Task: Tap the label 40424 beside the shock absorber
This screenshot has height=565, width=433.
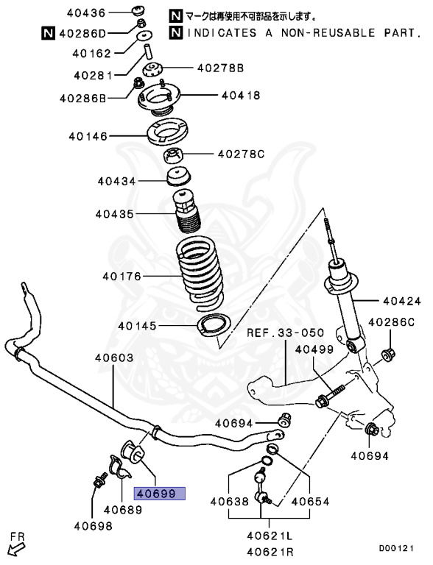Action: pyautogui.click(x=401, y=301)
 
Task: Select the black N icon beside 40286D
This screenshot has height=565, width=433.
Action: pyautogui.click(x=47, y=33)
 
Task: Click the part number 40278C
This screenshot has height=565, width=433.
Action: pyautogui.click(x=240, y=154)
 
